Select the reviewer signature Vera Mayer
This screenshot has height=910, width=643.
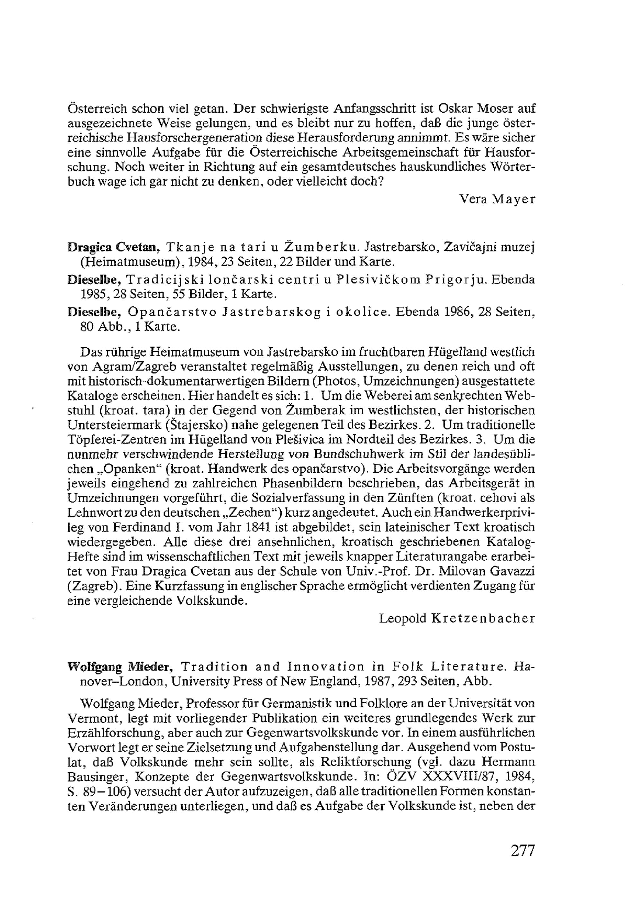[497, 199]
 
